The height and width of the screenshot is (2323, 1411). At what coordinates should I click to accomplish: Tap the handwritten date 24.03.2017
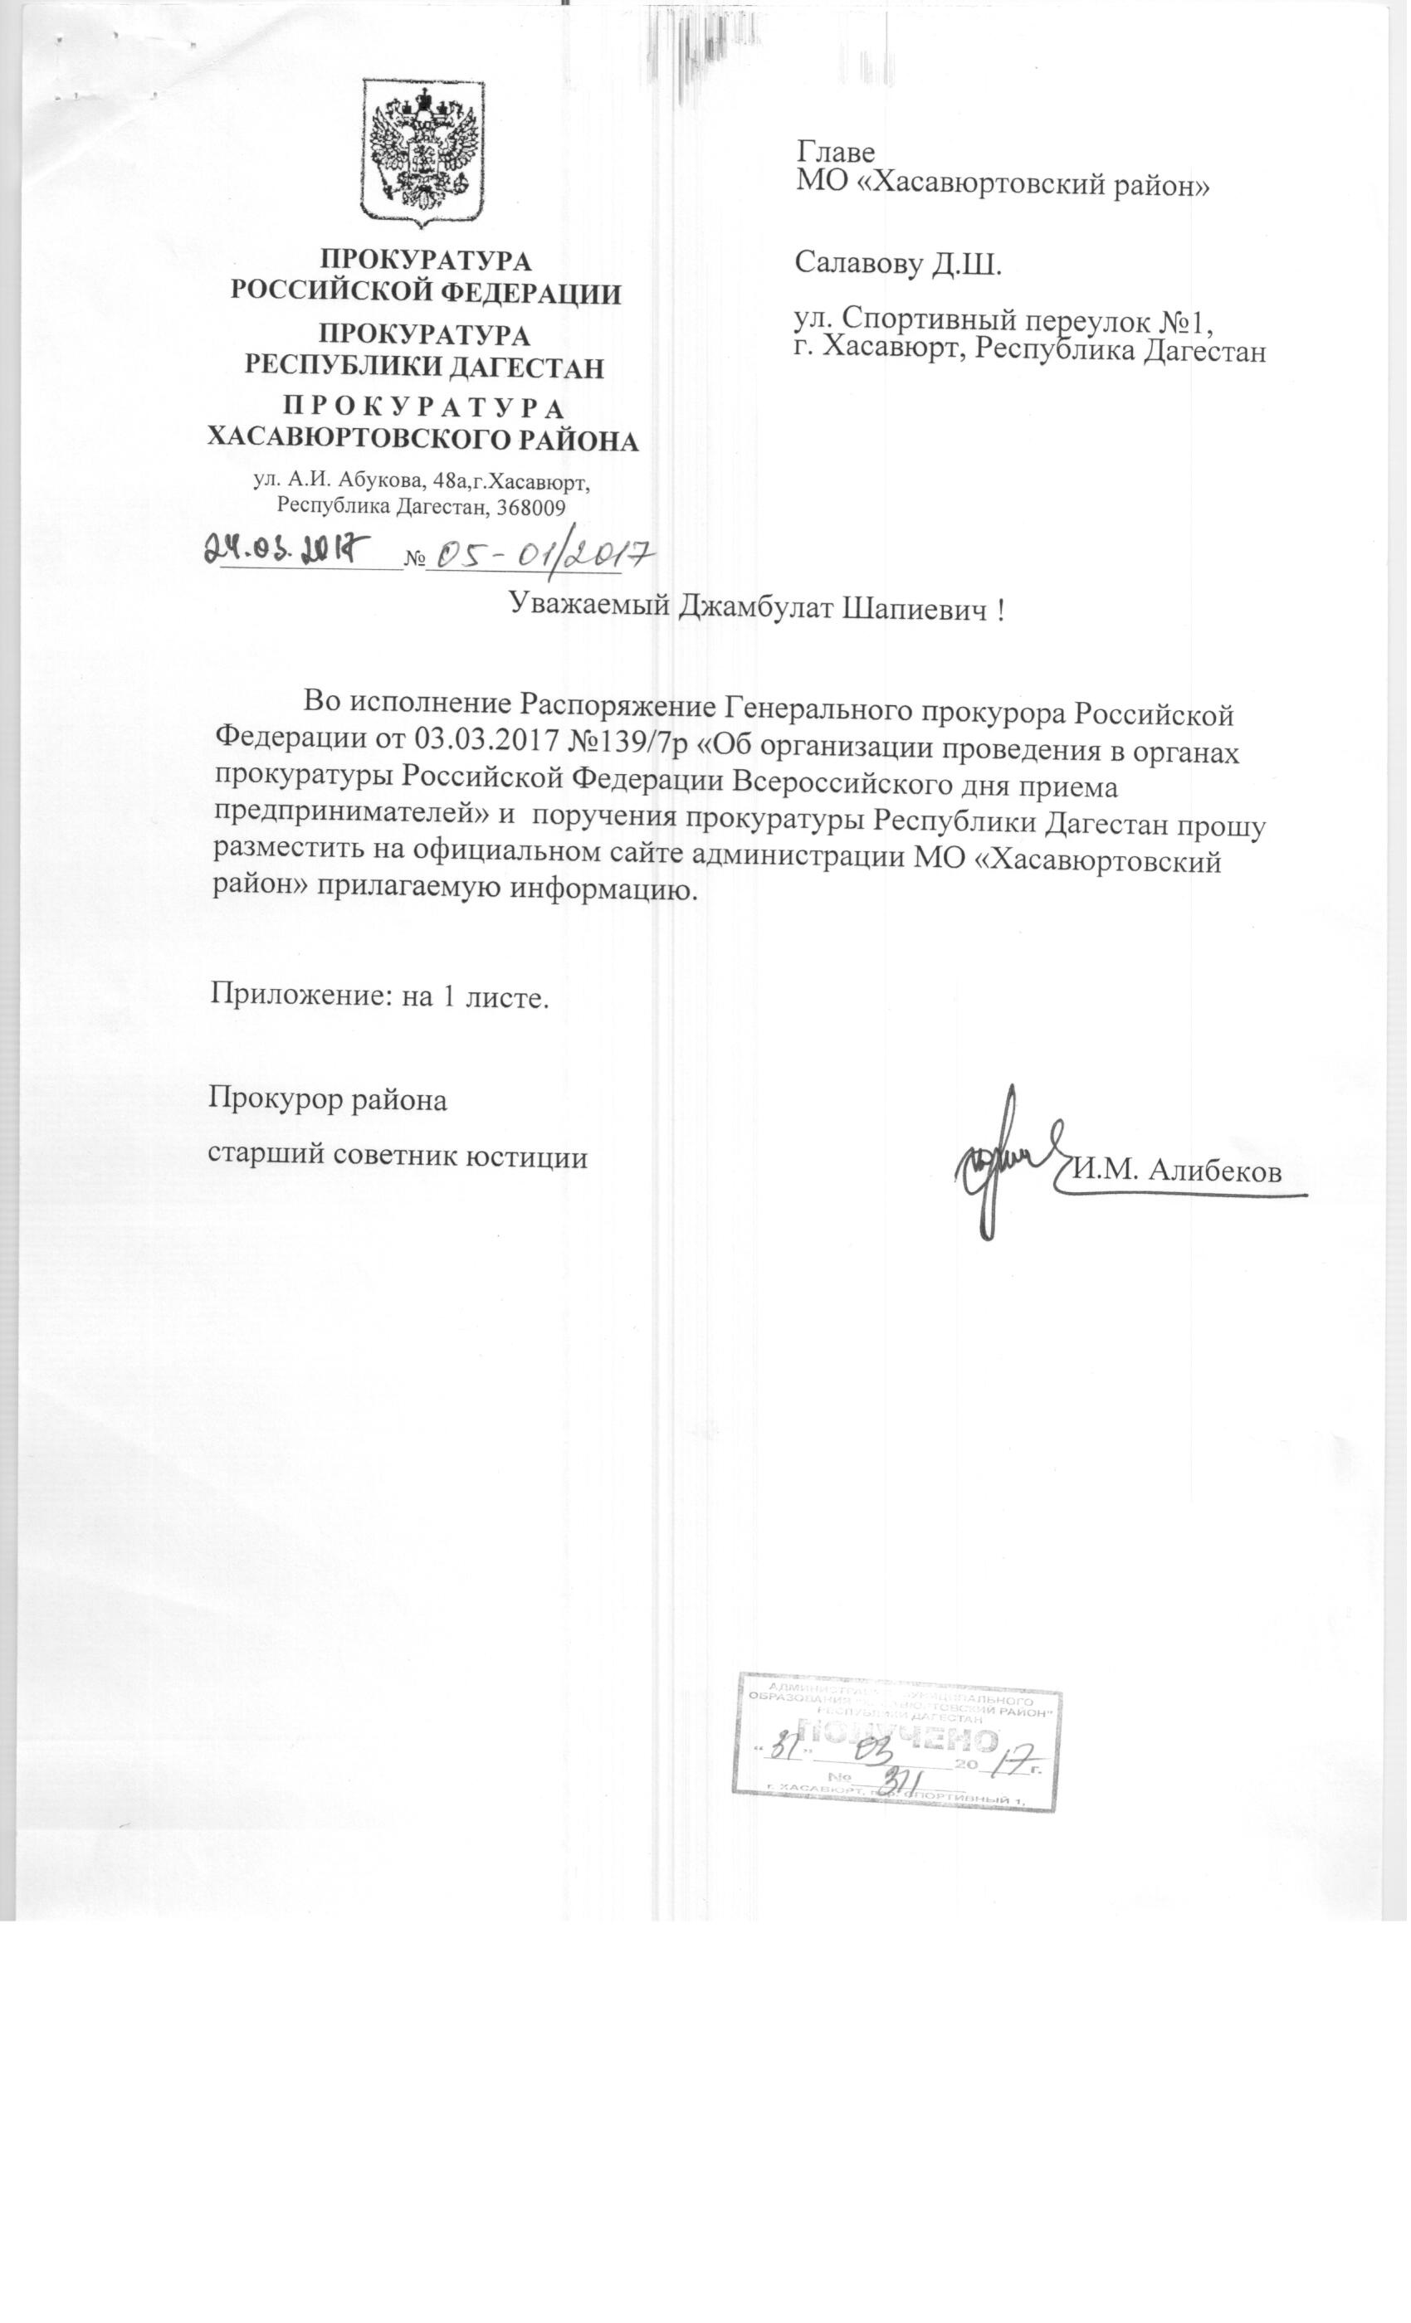285,547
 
